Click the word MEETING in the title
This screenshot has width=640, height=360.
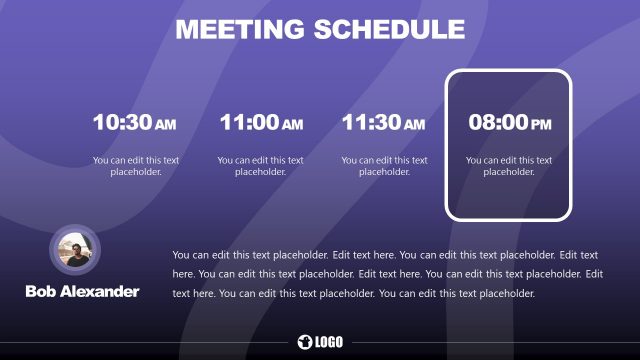[240, 29]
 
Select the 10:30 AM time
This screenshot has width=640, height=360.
[134, 123]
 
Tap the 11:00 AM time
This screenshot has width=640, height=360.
[260, 123]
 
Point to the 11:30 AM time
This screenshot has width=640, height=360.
[384, 123]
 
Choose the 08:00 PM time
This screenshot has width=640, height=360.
[510, 123]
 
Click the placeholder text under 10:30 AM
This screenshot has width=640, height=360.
[135, 165]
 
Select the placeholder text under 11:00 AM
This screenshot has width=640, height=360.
[260, 165]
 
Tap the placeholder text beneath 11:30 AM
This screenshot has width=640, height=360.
[384, 165]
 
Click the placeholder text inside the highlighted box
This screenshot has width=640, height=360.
[509, 165]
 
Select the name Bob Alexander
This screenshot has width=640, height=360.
[82, 291]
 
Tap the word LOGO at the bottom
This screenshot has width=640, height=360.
[329, 343]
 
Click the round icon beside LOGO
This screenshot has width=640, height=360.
[305, 343]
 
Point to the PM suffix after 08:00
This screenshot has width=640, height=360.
[541, 125]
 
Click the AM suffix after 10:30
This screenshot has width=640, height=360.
[166, 125]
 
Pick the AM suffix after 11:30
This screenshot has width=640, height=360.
[416, 125]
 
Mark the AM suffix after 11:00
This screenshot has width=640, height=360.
[292, 125]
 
